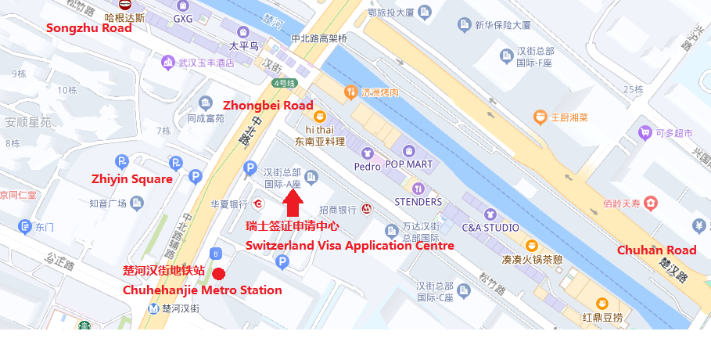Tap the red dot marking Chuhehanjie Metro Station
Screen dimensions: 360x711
pyautogui.click(x=220, y=274)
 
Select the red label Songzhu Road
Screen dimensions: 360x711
pyautogui.click(x=89, y=28)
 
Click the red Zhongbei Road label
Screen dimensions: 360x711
pyautogui.click(x=268, y=105)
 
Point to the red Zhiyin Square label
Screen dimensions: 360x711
pyautogui.click(x=131, y=179)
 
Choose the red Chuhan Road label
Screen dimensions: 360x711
pyautogui.click(x=656, y=250)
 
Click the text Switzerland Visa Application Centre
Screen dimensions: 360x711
pyautogui.click(x=350, y=245)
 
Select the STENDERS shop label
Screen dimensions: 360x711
pyautogui.click(x=418, y=201)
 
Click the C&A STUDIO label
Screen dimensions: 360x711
pyautogui.click(x=490, y=227)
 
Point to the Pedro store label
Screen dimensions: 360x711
pyautogui.click(x=367, y=166)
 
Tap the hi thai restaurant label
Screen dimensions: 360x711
pyautogui.click(x=319, y=129)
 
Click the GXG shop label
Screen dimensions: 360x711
pyautogui.click(x=182, y=18)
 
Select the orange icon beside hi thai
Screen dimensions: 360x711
pyautogui.click(x=319, y=117)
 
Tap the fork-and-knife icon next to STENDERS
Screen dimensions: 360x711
pyautogui.click(x=418, y=188)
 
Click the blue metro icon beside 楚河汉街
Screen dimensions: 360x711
pyautogui.click(x=154, y=308)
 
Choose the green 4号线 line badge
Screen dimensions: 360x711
pyautogui.click(x=284, y=83)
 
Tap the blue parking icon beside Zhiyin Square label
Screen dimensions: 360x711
pyautogui.click(x=121, y=162)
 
